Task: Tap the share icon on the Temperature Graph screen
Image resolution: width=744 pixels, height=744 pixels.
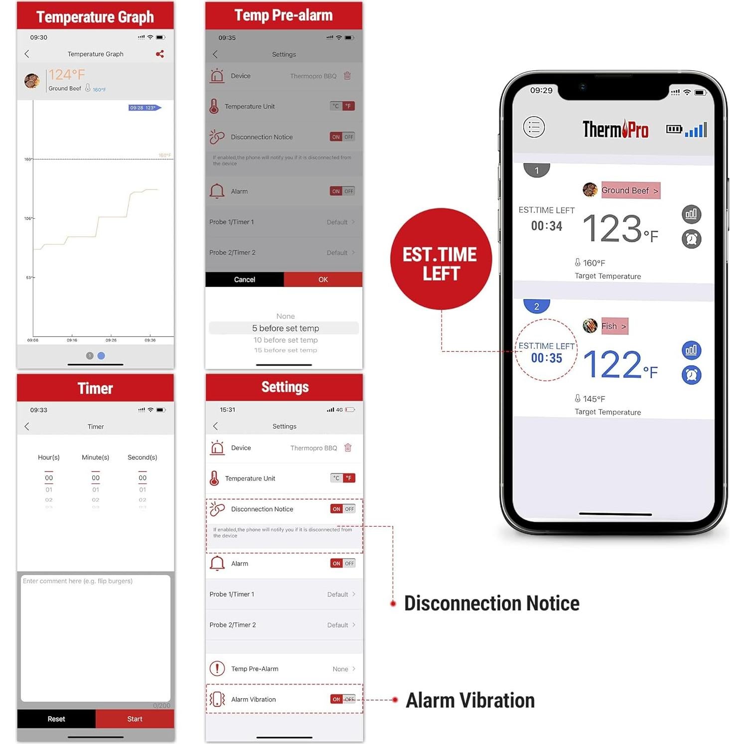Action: [x=159, y=54]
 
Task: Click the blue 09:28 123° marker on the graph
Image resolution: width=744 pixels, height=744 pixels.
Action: [x=144, y=108]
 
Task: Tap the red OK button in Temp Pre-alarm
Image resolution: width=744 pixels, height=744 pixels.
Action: [x=323, y=280]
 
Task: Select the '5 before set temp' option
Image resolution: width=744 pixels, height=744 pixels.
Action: [x=285, y=328]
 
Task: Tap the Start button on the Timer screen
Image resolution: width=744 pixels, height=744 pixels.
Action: [x=135, y=719]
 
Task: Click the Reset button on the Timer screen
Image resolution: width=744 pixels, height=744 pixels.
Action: [x=56, y=719]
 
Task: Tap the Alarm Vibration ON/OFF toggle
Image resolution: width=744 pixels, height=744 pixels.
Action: [x=343, y=700]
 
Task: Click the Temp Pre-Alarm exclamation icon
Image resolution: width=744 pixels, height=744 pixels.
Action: [x=217, y=669]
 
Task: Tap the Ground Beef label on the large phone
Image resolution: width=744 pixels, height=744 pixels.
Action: [x=630, y=190]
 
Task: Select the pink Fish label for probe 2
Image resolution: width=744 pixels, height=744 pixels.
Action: [x=613, y=326]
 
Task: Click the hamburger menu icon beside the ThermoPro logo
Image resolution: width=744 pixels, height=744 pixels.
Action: [x=534, y=128]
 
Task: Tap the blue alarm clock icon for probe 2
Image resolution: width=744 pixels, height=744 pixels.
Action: [x=691, y=375]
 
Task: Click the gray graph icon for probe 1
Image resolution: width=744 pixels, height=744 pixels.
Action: [x=691, y=214]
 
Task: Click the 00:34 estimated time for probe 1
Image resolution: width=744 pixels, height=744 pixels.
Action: [x=546, y=226]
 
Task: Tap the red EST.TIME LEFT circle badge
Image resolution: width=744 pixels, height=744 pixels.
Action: [x=441, y=259]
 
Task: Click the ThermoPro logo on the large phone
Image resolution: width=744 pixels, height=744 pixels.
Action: [x=615, y=130]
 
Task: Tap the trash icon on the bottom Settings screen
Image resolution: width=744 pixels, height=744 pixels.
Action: [x=348, y=448]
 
